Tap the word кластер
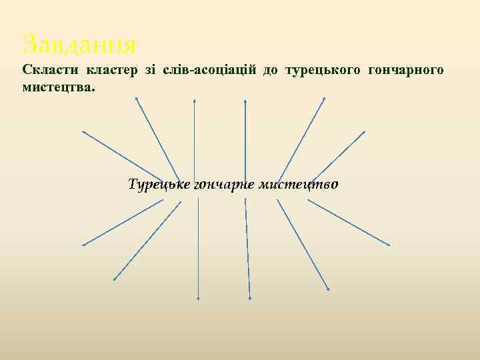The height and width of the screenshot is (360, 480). tap(107, 70)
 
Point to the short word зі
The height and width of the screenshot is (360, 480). tap(145, 70)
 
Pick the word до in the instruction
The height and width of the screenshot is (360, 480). tap(271, 70)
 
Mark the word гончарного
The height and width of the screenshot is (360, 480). tap(405, 70)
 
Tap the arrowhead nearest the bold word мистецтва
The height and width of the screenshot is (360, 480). tap(136, 99)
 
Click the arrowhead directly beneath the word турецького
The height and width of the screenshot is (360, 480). tap(325, 99)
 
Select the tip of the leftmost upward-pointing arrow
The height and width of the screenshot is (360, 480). tap(83, 131)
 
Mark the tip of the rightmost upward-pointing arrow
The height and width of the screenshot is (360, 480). tap(365, 131)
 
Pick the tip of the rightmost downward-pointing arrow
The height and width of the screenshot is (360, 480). tap(389, 245)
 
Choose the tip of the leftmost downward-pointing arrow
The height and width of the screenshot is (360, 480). tap(83, 245)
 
